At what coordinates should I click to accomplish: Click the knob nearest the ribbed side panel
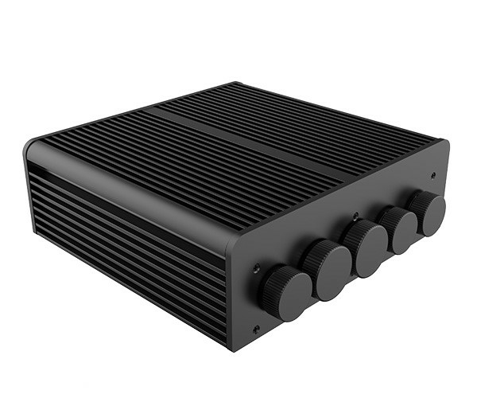coord(286,292)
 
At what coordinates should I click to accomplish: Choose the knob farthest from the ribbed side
coord(430,213)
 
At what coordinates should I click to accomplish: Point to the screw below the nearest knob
coord(255,329)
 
